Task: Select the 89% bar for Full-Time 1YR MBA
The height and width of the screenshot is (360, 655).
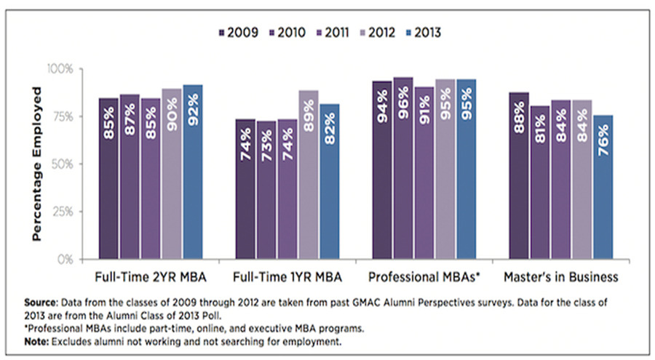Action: click(x=309, y=175)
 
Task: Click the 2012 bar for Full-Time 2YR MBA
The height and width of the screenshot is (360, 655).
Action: click(x=172, y=174)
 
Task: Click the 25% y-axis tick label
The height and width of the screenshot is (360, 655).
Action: click(x=63, y=212)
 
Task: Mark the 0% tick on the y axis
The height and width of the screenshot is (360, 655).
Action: click(x=65, y=259)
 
